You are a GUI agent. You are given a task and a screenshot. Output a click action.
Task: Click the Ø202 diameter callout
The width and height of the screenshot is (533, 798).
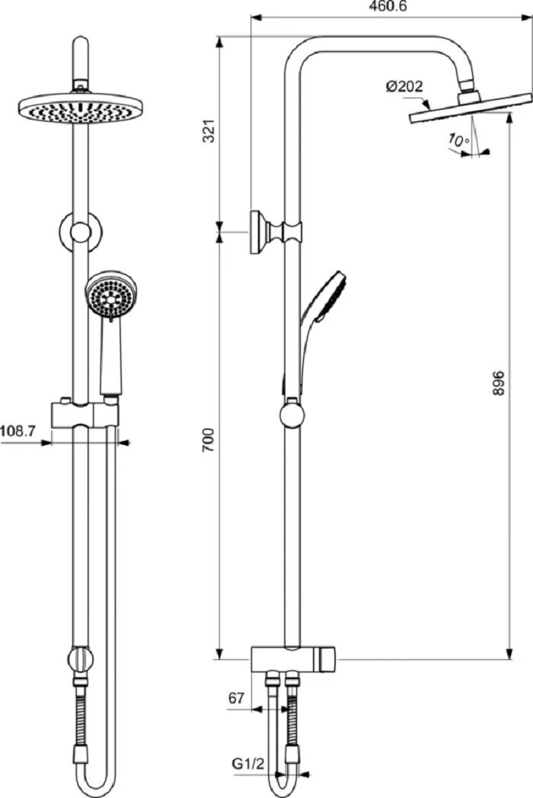(x=404, y=87)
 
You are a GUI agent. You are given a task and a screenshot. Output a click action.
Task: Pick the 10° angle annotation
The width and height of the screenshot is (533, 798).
(x=458, y=140)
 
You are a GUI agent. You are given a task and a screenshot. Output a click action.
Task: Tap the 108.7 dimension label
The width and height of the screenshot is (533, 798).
(x=18, y=431)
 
